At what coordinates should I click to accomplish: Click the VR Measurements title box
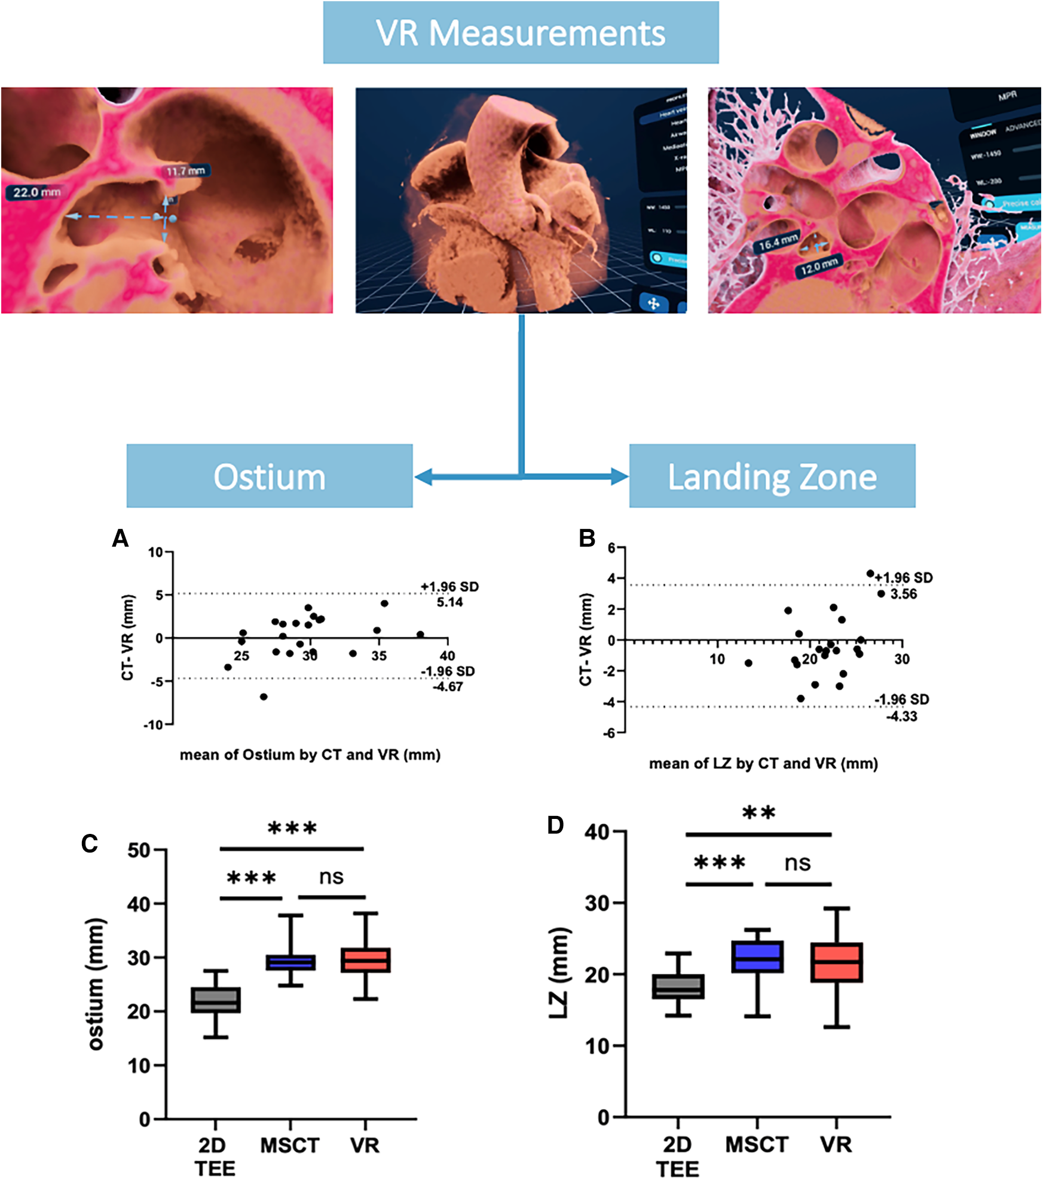click(x=521, y=32)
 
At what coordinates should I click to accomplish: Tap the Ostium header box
click(x=270, y=476)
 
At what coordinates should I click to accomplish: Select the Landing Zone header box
click(x=772, y=476)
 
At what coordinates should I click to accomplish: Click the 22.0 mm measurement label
click(x=36, y=192)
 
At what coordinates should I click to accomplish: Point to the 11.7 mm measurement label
click(x=185, y=172)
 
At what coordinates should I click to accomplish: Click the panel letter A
click(x=120, y=539)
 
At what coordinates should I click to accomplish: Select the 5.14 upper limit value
click(x=449, y=602)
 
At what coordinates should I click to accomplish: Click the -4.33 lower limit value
click(x=901, y=716)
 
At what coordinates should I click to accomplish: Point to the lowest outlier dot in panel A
click(x=264, y=696)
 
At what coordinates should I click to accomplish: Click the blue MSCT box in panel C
click(x=290, y=962)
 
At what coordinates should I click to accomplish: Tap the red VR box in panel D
click(x=837, y=962)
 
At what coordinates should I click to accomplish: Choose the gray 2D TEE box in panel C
click(x=216, y=1000)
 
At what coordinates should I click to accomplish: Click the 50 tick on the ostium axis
click(x=139, y=849)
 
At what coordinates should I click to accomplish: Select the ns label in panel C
click(x=331, y=877)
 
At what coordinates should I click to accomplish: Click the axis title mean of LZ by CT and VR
click(x=763, y=763)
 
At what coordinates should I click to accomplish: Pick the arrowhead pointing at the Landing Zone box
click(x=620, y=476)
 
